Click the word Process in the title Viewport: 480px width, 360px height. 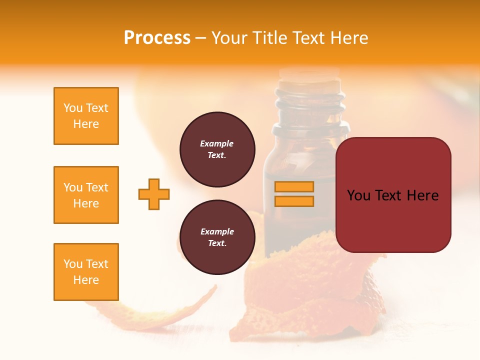[x=157, y=38]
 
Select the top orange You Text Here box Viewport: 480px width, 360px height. [x=86, y=116]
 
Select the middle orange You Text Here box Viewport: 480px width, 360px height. [x=86, y=195]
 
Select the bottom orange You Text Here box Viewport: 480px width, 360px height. [x=86, y=272]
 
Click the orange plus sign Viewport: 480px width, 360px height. [x=154, y=194]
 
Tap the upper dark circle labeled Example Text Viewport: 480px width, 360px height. [x=217, y=149]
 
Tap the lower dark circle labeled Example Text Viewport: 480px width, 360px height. [x=217, y=237]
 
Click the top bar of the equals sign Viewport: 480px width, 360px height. [x=294, y=187]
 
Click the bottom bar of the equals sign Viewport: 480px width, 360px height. [x=294, y=201]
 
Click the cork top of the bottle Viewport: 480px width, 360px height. [x=309, y=75]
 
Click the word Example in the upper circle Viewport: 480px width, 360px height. [x=217, y=143]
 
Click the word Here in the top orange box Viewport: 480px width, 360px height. [x=86, y=124]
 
